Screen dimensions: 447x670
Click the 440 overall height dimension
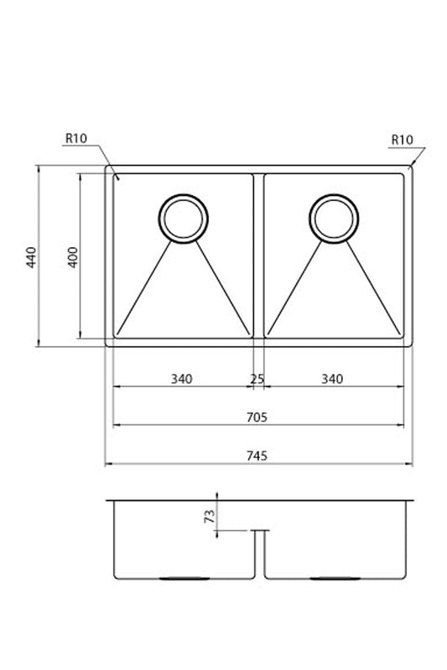(31, 257)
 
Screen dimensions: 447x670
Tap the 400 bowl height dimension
(73, 257)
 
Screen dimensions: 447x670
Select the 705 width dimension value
(257, 417)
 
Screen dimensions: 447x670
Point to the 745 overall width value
(257, 456)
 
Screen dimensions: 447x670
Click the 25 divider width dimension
(257, 379)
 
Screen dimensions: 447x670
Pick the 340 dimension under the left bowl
(182, 379)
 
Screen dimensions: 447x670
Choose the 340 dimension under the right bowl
(332, 379)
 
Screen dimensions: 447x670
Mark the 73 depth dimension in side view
(210, 516)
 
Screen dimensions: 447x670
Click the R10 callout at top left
(76, 138)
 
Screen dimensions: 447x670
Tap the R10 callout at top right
(402, 140)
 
